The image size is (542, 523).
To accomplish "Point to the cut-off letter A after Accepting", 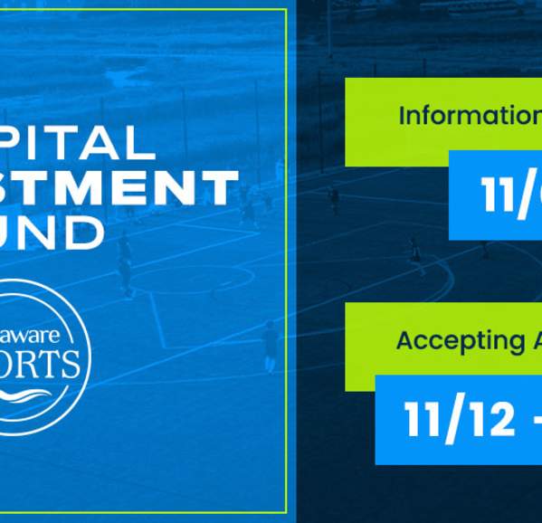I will tap(531, 340).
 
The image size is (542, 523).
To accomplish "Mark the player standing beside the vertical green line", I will tap(270, 345).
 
